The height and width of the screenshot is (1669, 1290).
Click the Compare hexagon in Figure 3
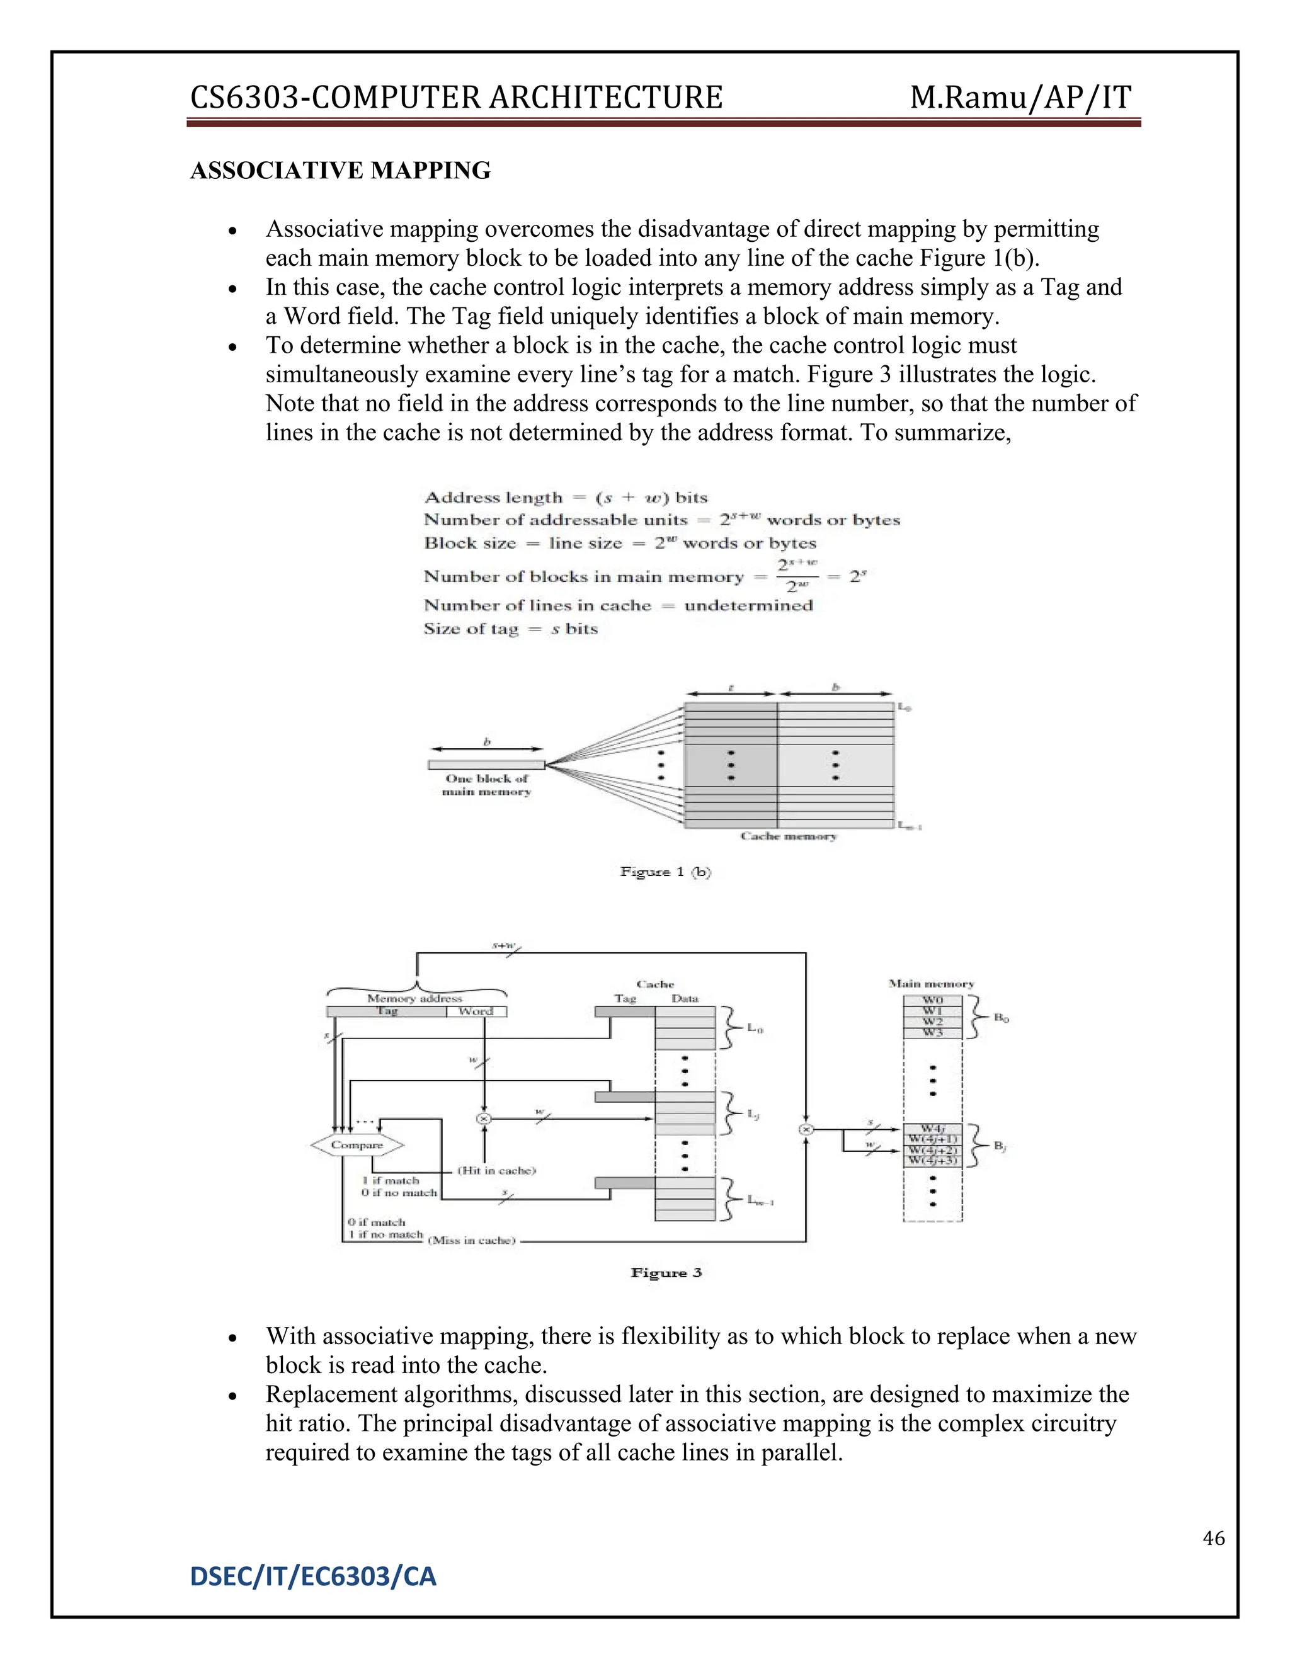pos(357,1145)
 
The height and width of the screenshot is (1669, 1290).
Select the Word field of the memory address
pos(476,1011)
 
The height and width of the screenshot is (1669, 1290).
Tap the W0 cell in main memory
pos(932,1000)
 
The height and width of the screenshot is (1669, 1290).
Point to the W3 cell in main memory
pos(932,1032)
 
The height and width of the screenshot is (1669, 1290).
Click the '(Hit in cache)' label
pos(497,1170)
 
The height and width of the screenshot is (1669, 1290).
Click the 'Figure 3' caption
pos(666,1272)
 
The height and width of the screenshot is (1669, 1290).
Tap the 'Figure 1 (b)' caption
pos(665,872)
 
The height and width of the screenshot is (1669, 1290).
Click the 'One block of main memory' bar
pos(486,764)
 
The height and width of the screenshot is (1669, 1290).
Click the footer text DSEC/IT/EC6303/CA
pos(313,1576)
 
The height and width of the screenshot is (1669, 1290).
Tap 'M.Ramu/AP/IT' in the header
pos(1020,98)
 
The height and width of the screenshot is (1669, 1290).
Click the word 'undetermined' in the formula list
pos(748,605)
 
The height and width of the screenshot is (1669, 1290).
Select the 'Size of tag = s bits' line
pos(510,629)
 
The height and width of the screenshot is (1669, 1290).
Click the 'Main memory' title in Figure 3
pos(931,984)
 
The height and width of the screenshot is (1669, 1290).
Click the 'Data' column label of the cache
pos(685,998)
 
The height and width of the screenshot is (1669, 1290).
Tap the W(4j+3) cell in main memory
pos(932,1161)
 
